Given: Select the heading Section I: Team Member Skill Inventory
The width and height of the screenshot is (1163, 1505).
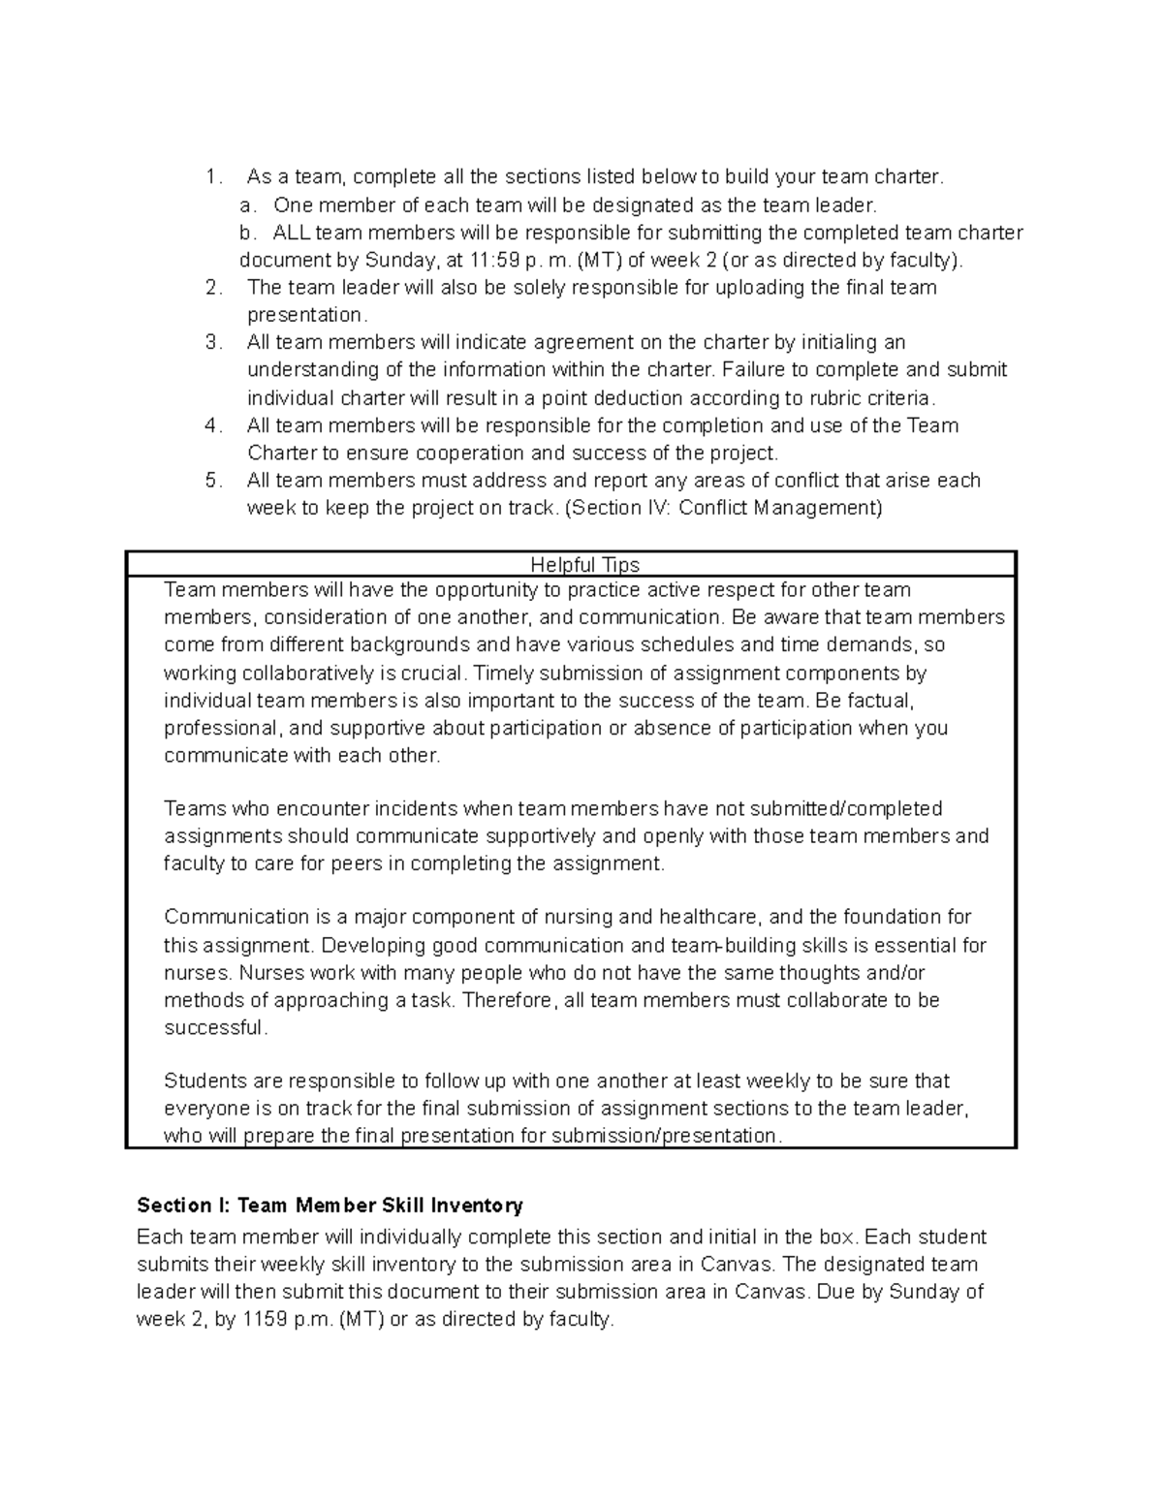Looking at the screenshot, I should pyautogui.click(x=330, y=1205).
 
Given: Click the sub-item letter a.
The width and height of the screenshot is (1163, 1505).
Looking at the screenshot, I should pyautogui.click(x=248, y=205).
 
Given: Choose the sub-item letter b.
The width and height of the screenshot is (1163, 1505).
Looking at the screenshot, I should pyautogui.click(x=248, y=233).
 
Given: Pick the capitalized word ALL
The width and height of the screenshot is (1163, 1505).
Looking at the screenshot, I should pyautogui.click(x=292, y=233).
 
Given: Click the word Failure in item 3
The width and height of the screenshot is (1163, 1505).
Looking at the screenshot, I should pyautogui.click(x=754, y=370).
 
